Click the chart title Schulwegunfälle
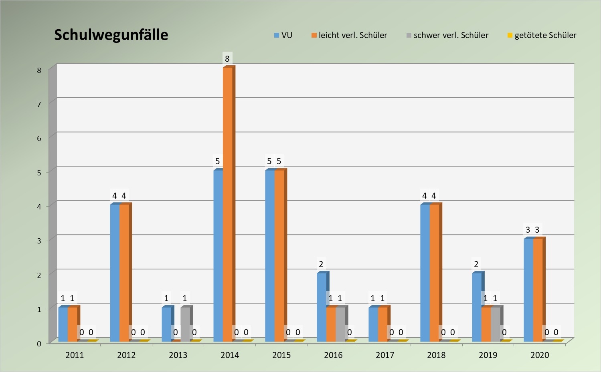point(111,35)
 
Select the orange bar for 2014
point(227,204)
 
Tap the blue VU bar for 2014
point(218,256)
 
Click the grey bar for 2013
point(185,324)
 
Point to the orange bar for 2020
point(538,290)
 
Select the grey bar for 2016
point(340,324)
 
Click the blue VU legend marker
point(277,36)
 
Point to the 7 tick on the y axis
point(39,104)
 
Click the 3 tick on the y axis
point(39,241)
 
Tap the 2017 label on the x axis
point(385,355)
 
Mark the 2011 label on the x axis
point(75,355)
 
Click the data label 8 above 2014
point(227,59)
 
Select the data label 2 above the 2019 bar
point(476,264)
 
